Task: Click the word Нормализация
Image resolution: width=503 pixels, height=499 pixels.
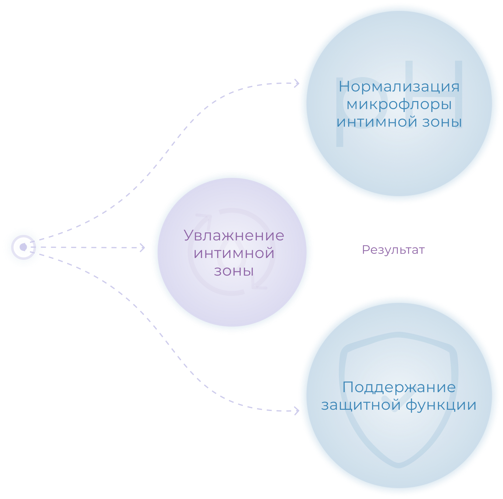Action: [399, 87]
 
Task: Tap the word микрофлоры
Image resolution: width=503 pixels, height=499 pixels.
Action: [399, 105]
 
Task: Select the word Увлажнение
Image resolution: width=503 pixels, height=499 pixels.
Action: [234, 236]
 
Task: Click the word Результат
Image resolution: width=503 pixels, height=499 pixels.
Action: [393, 250]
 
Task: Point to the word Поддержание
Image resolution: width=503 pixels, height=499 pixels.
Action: [399, 388]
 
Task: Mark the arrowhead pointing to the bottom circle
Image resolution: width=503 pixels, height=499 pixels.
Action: [297, 411]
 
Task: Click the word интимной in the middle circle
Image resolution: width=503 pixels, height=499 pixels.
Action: [234, 253]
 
